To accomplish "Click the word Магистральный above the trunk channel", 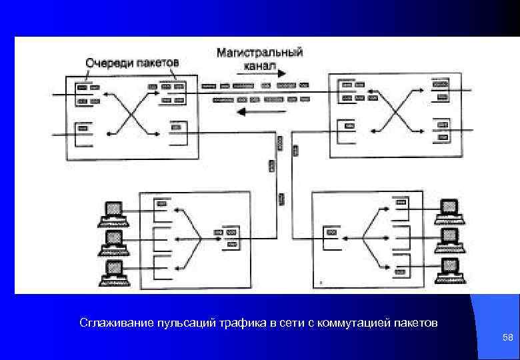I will [259, 52].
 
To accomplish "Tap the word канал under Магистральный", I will [259, 65].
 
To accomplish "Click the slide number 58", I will [507, 338].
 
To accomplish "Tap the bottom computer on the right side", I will [450, 267].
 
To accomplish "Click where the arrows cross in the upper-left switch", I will [132, 111].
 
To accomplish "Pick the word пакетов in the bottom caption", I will [418, 323].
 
